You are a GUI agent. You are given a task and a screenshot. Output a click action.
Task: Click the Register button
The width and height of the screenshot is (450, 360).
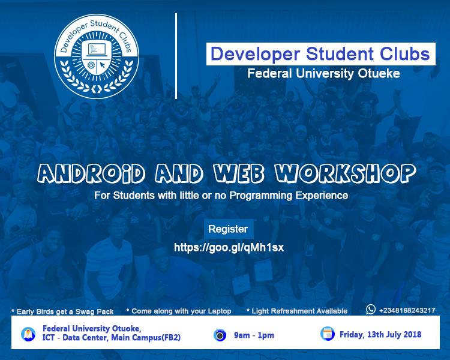tap(227, 229)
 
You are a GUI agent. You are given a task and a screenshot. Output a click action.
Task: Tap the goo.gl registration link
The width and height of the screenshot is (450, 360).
tap(229, 247)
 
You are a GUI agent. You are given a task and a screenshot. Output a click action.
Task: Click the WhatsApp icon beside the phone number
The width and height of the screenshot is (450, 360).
tap(371, 310)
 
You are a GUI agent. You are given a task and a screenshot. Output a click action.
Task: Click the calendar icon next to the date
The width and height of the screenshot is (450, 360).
tap(327, 334)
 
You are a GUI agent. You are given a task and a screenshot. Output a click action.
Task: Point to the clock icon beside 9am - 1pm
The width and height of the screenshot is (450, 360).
tap(220, 335)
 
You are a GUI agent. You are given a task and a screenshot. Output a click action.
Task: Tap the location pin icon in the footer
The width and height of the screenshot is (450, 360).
tap(28, 334)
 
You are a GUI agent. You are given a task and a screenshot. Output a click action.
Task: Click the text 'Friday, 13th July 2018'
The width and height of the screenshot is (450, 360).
tap(380, 334)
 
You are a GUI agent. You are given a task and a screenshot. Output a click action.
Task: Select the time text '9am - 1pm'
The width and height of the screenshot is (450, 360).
tap(254, 335)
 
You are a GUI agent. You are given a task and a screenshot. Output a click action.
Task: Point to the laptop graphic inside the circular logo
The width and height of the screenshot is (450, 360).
tap(97, 48)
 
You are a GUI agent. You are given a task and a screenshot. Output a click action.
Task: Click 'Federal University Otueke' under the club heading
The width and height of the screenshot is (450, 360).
tap(324, 74)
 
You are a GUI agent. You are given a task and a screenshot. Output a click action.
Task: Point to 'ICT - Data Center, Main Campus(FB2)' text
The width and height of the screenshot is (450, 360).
tap(112, 338)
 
